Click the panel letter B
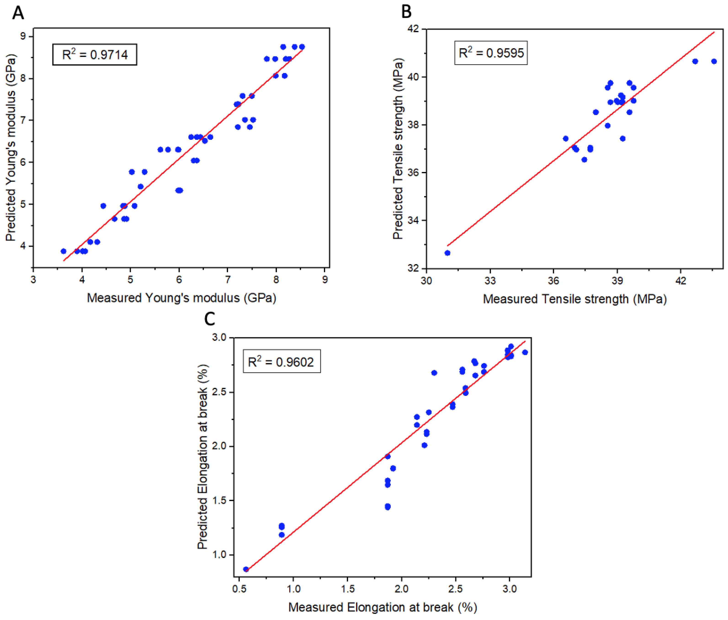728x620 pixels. tap(406, 12)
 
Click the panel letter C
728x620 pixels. tap(210, 319)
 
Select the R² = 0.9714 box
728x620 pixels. tap(95, 54)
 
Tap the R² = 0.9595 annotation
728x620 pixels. tap(491, 53)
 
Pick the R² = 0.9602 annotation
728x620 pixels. tap(282, 361)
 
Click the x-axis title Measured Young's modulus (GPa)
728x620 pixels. tap(181, 298)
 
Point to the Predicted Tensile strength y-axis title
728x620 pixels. tap(398, 148)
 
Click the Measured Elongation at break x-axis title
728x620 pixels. tap(382, 607)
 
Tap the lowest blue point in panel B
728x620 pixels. tap(447, 253)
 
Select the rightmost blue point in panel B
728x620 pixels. tap(714, 61)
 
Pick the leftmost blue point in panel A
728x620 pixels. tap(63, 251)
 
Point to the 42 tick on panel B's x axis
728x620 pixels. tap(680, 281)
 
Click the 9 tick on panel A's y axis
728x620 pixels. tap(23, 36)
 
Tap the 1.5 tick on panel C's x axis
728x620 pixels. tap(348, 589)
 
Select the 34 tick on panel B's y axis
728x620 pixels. tap(413, 220)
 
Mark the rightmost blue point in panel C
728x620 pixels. tap(525, 352)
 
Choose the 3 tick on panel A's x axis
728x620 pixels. tap(33, 280)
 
